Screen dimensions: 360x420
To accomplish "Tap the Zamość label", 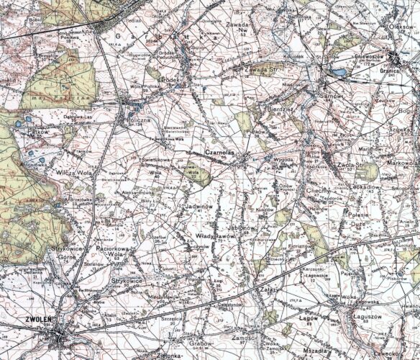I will (242, 338).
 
